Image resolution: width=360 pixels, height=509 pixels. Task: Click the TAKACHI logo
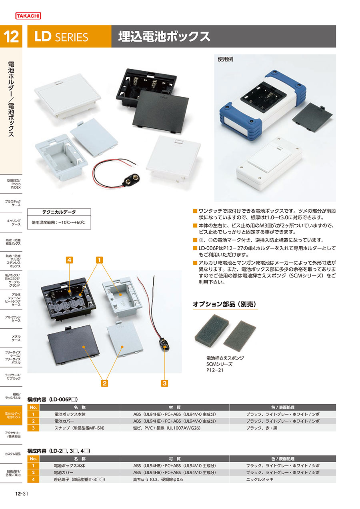[x=28, y=16]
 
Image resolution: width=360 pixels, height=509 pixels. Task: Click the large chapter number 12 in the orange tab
[x=11, y=36]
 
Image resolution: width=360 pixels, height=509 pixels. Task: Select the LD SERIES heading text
[x=61, y=36]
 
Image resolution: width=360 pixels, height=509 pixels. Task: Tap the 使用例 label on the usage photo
[x=225, y=59]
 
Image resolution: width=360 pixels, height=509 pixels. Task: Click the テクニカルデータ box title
[x=59, y=212]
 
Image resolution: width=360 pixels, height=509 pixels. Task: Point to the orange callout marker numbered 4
[x=69, y=260]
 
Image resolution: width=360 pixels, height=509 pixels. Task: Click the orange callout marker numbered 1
[x=99, y=260]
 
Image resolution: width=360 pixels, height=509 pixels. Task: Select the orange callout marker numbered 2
[x=104, y=383]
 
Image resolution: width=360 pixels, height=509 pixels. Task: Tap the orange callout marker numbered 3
[x=164, y=383]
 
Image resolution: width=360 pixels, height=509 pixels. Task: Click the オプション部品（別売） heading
[x=224, y=304]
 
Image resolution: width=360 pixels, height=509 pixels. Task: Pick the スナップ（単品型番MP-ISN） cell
[x=79, y=428]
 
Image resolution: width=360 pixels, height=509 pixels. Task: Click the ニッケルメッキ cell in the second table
[x=260, y=479]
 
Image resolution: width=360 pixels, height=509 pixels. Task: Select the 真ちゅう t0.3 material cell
[x=158, y=479]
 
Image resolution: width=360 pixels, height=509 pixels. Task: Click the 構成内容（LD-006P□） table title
[x=53, y=399]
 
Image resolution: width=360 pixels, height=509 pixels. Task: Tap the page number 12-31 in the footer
[x=22, y=493]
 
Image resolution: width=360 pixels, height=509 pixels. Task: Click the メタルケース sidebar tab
[x=16, y=338]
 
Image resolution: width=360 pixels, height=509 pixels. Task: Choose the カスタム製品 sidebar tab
[x=13, y=454]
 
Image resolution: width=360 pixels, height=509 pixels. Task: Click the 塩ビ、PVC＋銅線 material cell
[x=167, y=428]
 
